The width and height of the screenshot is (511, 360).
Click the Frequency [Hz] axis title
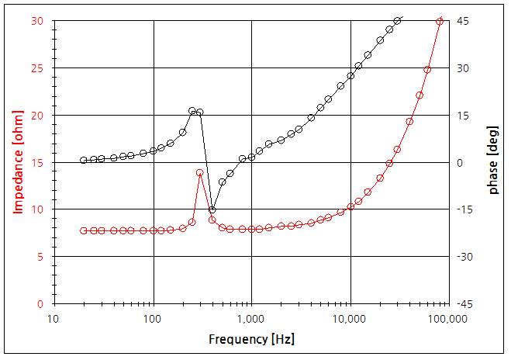[251, 340]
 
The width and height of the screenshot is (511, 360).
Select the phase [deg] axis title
[493, 161]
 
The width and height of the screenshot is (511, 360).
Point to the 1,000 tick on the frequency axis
[251, 319]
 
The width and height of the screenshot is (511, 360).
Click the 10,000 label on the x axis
[350, 319]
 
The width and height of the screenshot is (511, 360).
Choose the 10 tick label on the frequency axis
[54, 319]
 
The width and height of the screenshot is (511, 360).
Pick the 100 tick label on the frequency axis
[153, 319]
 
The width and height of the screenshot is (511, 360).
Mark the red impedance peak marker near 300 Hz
[200, 172]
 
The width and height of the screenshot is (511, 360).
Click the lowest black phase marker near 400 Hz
[212, 209]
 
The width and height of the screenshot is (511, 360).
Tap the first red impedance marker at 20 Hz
[84, 230]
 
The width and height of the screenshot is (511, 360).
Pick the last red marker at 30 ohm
[440, 22]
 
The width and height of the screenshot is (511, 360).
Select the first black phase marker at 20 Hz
[84, 161]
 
